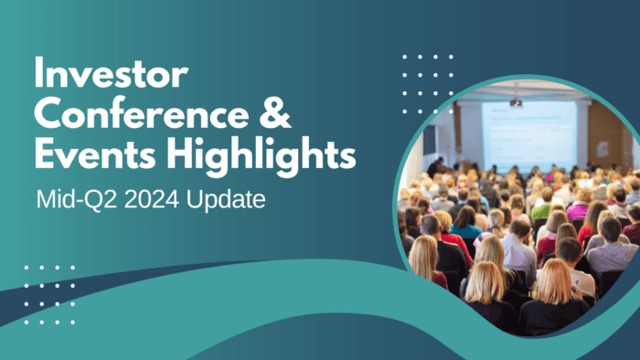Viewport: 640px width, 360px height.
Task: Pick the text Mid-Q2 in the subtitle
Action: coord(69,198)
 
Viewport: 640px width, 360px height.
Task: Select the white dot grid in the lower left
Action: coord(49,294)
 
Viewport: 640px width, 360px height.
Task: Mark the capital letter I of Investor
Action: coord(38,73)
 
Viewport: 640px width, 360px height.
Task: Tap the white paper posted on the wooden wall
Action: coord(602,148)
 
